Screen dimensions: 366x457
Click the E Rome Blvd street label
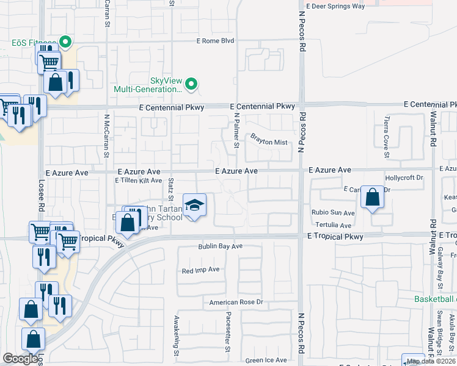(x=215, y=41)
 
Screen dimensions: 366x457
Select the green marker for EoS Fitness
(x=65, y=43)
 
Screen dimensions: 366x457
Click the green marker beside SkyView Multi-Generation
(x=191, y=84)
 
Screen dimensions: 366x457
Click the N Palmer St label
(x=236, y=130)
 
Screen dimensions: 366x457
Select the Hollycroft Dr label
(x=404, y=178)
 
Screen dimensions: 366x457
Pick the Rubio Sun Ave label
(x=333, y=213)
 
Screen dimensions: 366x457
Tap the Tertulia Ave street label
(x=333, y=225)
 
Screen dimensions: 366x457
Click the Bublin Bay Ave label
(x=220, y=246)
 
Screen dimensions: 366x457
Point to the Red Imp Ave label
(x=200, y=270)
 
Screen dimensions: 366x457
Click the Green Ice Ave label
(x=266, y=361)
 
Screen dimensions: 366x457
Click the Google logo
(x=20, y=359)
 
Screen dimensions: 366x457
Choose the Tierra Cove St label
(x=387, y=137)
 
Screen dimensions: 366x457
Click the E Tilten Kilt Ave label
(x=139, y=180)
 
